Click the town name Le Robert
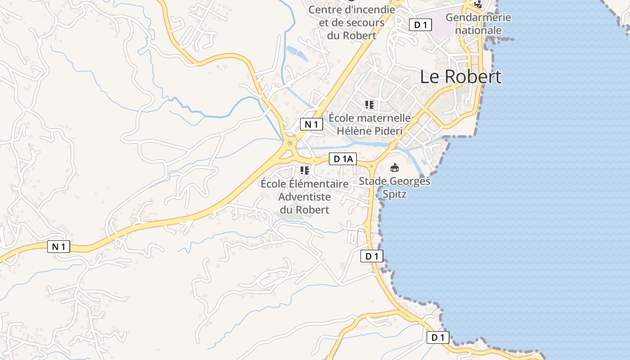[460, 77]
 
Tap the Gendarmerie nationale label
[478, 24]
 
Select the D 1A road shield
[343, 159]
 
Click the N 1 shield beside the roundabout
[311, 124]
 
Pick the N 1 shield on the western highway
[58, 247]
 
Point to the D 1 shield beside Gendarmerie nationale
[420, 25]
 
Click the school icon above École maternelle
[369, 105]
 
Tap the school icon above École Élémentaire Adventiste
[305, 170]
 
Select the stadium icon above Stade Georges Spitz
[395, 168]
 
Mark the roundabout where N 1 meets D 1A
[289, 144]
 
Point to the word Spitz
[394, 194]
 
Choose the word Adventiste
[305, 197]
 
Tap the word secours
[364, 22]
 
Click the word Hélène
[354, 131]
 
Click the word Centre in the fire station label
[324, 9]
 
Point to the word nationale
[478, 30]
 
